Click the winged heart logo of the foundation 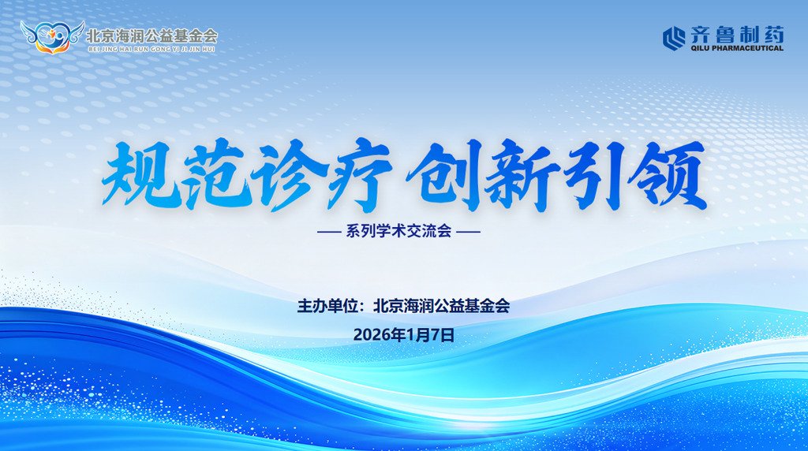[x=52, y=36]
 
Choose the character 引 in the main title [x=593, y=175]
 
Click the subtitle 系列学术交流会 [x=398, y=231]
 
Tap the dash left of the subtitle [x=329, y=232]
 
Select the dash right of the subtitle [x=469, y=232]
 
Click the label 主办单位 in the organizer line [x=327, y=306]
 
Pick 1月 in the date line [x=417, y=335]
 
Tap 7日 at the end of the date [x=442, y=335]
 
